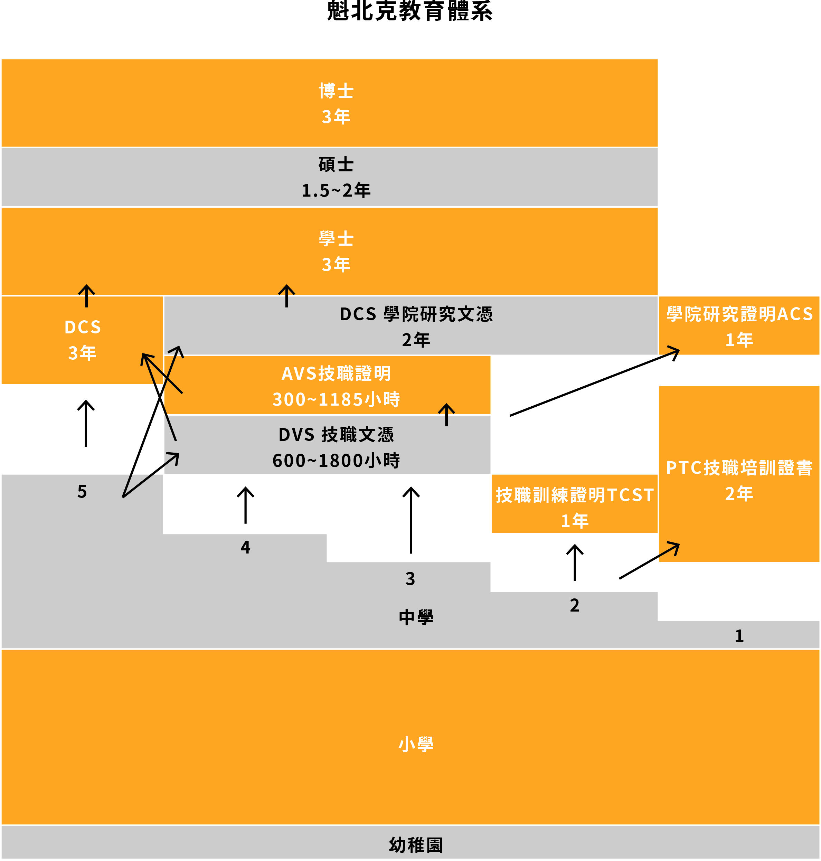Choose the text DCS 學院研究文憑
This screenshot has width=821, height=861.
click(x=416, y=314)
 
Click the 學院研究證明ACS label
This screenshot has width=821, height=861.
click(x=739, y=314)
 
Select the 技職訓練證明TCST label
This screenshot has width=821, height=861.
click(x=575, y=495)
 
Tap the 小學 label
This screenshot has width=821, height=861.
click(x=416, y=744)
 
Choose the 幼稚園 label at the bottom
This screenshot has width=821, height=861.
click(x=416, y=845)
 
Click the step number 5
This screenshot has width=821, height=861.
click(x=82, y=492)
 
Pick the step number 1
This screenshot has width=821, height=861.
click(x=739, y=636)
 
